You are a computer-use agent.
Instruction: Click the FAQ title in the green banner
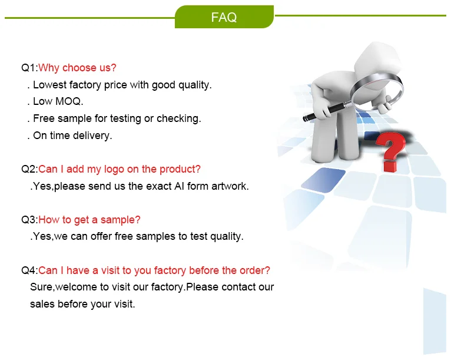click(x=224, y=17)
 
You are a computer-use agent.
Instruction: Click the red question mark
click(x=391, y=151)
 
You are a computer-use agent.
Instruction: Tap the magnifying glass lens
click(x=377, y=91)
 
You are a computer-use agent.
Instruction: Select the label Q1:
click(x=29, y=68)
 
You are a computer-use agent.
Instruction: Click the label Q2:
click(x=29, y=169)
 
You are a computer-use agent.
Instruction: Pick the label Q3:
click(x=29, y=220)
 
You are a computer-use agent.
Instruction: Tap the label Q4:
click(x=29, y=270)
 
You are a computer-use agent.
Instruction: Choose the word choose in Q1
click(x=79, y=68)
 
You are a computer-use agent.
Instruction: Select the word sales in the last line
click(x=42, y=304)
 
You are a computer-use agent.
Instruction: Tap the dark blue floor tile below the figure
click(x=323, y=180)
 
